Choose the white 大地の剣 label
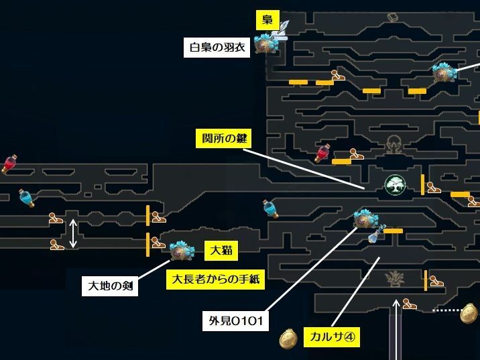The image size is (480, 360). (111, 286)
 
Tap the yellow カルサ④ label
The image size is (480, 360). (331, 337)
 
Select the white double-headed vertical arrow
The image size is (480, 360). (73, 233)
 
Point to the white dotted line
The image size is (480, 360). (446, 310)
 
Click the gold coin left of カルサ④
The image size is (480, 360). (289, 339)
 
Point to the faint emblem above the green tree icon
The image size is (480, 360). (394, 143)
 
